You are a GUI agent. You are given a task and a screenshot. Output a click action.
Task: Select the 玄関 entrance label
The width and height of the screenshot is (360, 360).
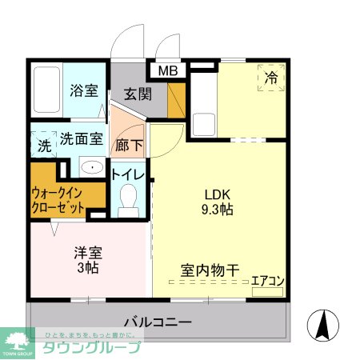138,94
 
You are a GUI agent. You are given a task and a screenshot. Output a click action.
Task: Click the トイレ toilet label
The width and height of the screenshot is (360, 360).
127,174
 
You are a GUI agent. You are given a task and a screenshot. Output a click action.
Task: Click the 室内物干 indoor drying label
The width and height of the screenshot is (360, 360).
209,270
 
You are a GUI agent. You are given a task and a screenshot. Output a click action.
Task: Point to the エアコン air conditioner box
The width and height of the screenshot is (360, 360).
267,282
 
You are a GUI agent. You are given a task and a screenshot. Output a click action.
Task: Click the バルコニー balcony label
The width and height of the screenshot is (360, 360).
158,322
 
